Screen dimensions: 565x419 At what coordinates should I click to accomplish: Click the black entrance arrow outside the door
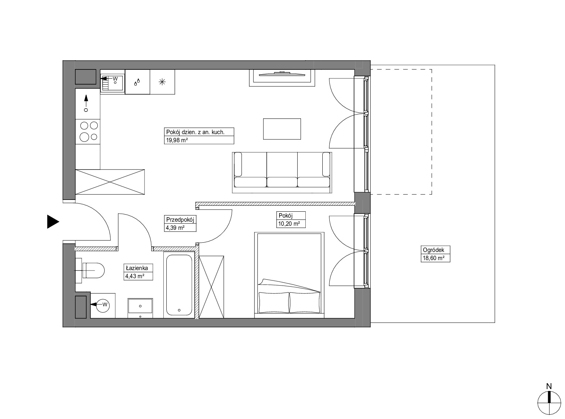(53, 221)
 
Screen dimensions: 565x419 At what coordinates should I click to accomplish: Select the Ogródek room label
(433, 250)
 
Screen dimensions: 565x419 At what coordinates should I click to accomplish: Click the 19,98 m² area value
(177, 140)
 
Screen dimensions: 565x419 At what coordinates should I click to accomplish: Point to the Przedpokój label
(180, 219)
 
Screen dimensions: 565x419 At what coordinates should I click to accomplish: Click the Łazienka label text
(136, 268)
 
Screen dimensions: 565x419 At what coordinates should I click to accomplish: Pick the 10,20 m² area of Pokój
(289, 224)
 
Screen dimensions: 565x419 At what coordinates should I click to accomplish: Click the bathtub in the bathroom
(179, 285)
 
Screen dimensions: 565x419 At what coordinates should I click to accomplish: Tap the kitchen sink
(112, 82)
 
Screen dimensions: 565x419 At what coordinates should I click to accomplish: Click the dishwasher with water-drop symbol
(137, 82)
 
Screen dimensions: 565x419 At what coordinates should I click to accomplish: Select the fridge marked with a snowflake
(162, 82)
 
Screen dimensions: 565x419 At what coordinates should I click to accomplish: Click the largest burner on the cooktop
(84, 137)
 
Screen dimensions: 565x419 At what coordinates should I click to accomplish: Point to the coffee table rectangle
(282, 129)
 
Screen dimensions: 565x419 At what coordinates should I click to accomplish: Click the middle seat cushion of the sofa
(282, 182)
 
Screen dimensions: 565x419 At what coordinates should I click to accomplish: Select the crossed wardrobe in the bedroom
(211, 287)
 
